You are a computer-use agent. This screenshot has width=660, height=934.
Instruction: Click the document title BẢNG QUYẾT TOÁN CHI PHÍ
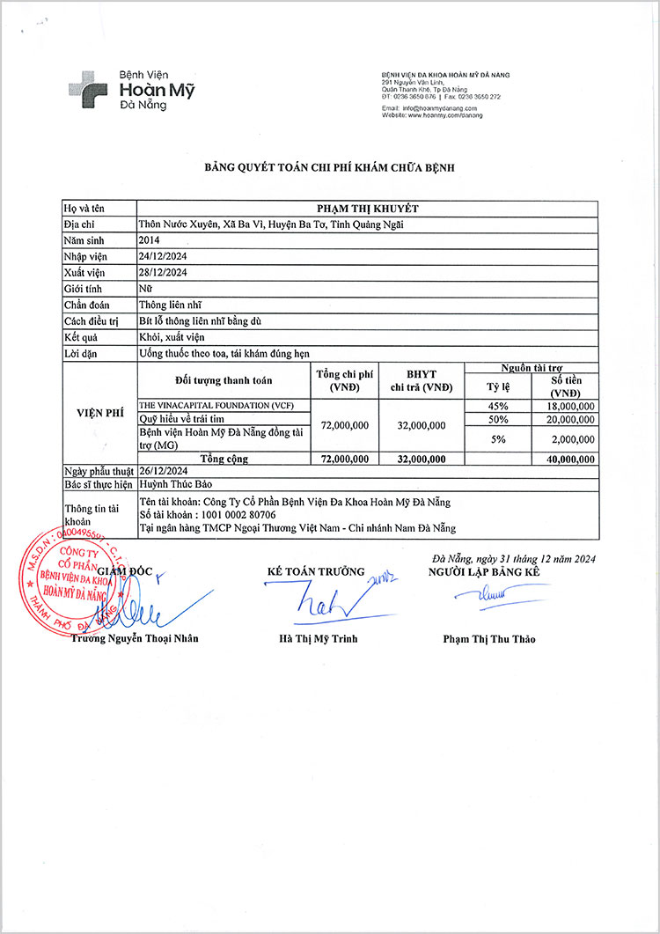pos(329,166)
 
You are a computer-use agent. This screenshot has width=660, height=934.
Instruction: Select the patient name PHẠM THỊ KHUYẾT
pos(367,209)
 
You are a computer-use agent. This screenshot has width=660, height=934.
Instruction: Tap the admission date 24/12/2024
pos(164,256)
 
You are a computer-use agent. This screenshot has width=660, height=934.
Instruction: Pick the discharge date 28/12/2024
pos(164,272)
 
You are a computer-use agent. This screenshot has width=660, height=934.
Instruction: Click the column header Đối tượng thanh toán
pos(224,380)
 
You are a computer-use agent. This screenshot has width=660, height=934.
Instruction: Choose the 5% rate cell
pos(498,438)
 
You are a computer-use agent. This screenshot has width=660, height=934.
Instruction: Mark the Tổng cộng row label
pos(224,459)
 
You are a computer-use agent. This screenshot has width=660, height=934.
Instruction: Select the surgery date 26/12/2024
pos(164,472)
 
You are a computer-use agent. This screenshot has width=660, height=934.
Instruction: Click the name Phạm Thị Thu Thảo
pos(488,639)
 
